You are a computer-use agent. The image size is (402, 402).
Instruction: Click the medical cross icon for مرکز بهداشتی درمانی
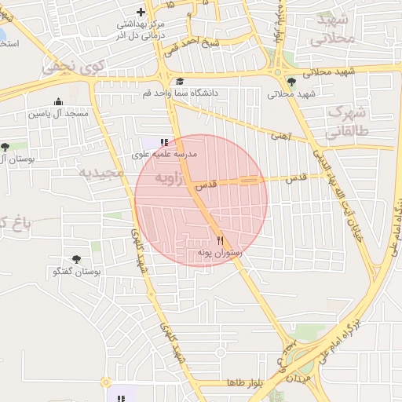point(141,12)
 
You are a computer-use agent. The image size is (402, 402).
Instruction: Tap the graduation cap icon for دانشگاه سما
point(180,81)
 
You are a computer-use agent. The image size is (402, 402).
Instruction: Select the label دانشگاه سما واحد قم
point(181,93)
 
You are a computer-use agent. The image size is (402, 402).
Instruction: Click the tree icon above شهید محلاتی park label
point(292,82)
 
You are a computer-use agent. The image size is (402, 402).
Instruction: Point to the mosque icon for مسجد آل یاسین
point(58,101)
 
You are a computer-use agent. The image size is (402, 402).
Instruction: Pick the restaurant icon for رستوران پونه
point(220,240)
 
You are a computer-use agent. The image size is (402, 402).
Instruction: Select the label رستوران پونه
point(222,254)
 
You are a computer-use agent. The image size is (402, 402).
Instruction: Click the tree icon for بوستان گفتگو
point(76,259)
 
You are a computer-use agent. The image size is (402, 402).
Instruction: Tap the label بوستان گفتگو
point(77,272)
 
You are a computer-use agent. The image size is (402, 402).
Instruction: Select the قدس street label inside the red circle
point(204,185)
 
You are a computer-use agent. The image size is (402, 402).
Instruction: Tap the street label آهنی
point(280,136)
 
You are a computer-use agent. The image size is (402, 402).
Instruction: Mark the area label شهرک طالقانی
point(345,122)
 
